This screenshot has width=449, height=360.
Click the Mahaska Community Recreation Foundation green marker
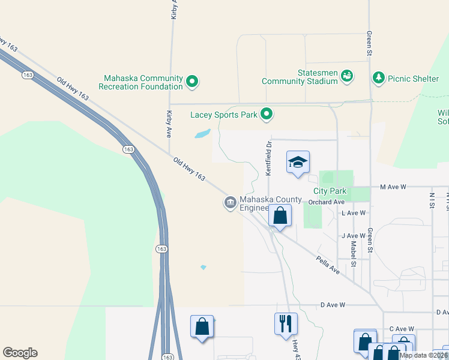pos(192,81)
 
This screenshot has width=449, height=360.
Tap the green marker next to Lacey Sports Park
pos(267,113)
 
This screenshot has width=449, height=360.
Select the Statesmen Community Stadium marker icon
pos(346,76)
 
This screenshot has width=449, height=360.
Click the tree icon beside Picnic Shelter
pos(378,77)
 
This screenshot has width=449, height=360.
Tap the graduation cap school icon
pos(298,162)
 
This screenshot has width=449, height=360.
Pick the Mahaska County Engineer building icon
pos(230,203)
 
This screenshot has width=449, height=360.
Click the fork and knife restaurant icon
pos(286,324)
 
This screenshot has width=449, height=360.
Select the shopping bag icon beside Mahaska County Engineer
pos(280,215)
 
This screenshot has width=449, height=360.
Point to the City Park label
pos(330,191)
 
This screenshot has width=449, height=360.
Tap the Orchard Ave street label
pos(327,202)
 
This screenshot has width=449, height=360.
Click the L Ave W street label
pos(353,213)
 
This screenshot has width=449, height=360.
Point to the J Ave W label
pos(353,236)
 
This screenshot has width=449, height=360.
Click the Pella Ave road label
pos(328,264)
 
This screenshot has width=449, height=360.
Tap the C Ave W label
pos(402,329)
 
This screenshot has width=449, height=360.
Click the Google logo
pos(20,353)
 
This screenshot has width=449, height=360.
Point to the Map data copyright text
pos(423,355)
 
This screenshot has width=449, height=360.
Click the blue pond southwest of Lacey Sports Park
pos(202,134)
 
